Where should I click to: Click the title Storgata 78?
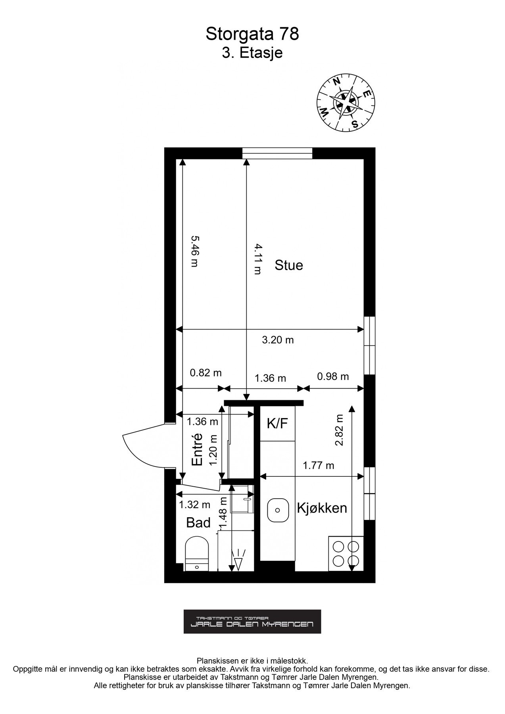point(252,35)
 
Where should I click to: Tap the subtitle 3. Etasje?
point(252,53)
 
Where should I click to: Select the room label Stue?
point(289,265)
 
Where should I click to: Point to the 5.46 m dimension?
point(194,251)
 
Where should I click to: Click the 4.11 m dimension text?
point(258,259)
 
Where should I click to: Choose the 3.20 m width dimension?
point(278,340)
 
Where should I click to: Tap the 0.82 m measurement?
point(205,373)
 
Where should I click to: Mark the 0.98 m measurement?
point(333,376)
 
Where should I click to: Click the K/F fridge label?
point(277,424)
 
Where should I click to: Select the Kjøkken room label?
point(322,508)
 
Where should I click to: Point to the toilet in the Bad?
point(197,554)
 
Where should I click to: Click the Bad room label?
point(198,523)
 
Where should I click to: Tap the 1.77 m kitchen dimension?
point(318,465)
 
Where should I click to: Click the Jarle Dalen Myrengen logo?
point(252,622)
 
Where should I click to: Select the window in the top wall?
point(277,153)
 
